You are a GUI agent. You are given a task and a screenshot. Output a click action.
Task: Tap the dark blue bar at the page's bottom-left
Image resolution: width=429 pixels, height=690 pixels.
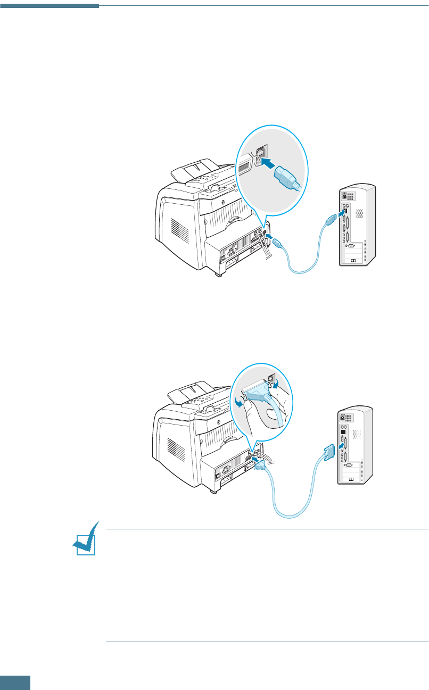click(x=15, y=683)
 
